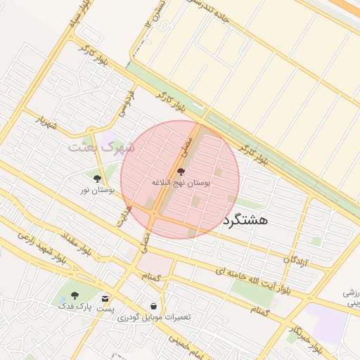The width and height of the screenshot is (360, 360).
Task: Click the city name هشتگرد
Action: coord(245,219)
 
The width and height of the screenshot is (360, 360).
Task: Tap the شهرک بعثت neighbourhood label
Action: coord(96,147)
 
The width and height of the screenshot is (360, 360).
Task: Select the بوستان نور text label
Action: coord(97,190)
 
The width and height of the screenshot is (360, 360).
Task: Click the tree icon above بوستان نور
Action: coord(97,179)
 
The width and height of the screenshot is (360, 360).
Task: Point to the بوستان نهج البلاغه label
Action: coord(181,182)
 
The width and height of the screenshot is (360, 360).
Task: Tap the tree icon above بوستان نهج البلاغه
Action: coord(181,172)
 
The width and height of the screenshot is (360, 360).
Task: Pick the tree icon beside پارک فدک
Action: coord(75,296)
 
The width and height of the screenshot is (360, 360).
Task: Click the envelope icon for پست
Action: coord(105,298)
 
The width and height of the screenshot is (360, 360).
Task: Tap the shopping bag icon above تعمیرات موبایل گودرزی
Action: coord(153,307)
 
